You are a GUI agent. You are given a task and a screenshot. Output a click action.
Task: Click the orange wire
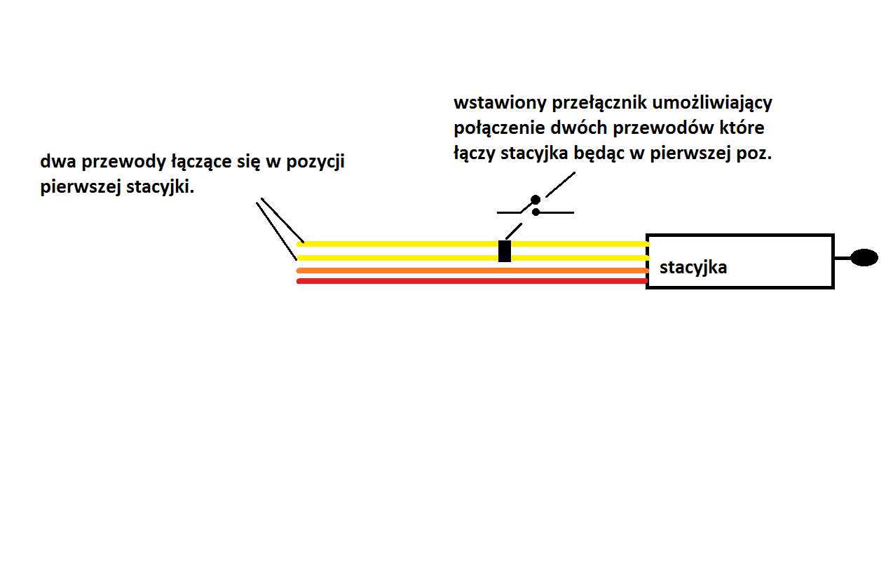click(x=472, y=271)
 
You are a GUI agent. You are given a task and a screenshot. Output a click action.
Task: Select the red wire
click(x=472, y=281)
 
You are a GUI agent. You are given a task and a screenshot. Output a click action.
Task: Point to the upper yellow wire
click(x=472, y=244)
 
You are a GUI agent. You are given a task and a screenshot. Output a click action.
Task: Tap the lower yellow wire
click(x=472, y=258)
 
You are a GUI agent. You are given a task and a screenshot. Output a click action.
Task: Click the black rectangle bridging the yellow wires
click(x=505, y=251)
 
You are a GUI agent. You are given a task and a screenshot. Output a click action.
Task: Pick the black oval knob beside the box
click(x=864, y=257)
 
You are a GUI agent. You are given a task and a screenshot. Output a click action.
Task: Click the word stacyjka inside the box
click(x=693, y=268)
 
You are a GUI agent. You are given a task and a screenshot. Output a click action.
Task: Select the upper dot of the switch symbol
click(x=536, y=199)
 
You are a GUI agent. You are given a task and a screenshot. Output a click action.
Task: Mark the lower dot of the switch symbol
click(x=536, y=212)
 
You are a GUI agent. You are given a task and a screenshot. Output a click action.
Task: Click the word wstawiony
click(x=500, y=103)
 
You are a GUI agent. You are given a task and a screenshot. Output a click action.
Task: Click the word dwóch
click(x=579, y=128)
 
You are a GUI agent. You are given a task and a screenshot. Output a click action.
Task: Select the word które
click(x=742, y=128)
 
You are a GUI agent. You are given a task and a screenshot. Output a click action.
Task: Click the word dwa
click(x=58, y=162)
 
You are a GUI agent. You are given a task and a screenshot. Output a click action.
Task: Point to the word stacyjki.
click(x=161, y=187)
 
